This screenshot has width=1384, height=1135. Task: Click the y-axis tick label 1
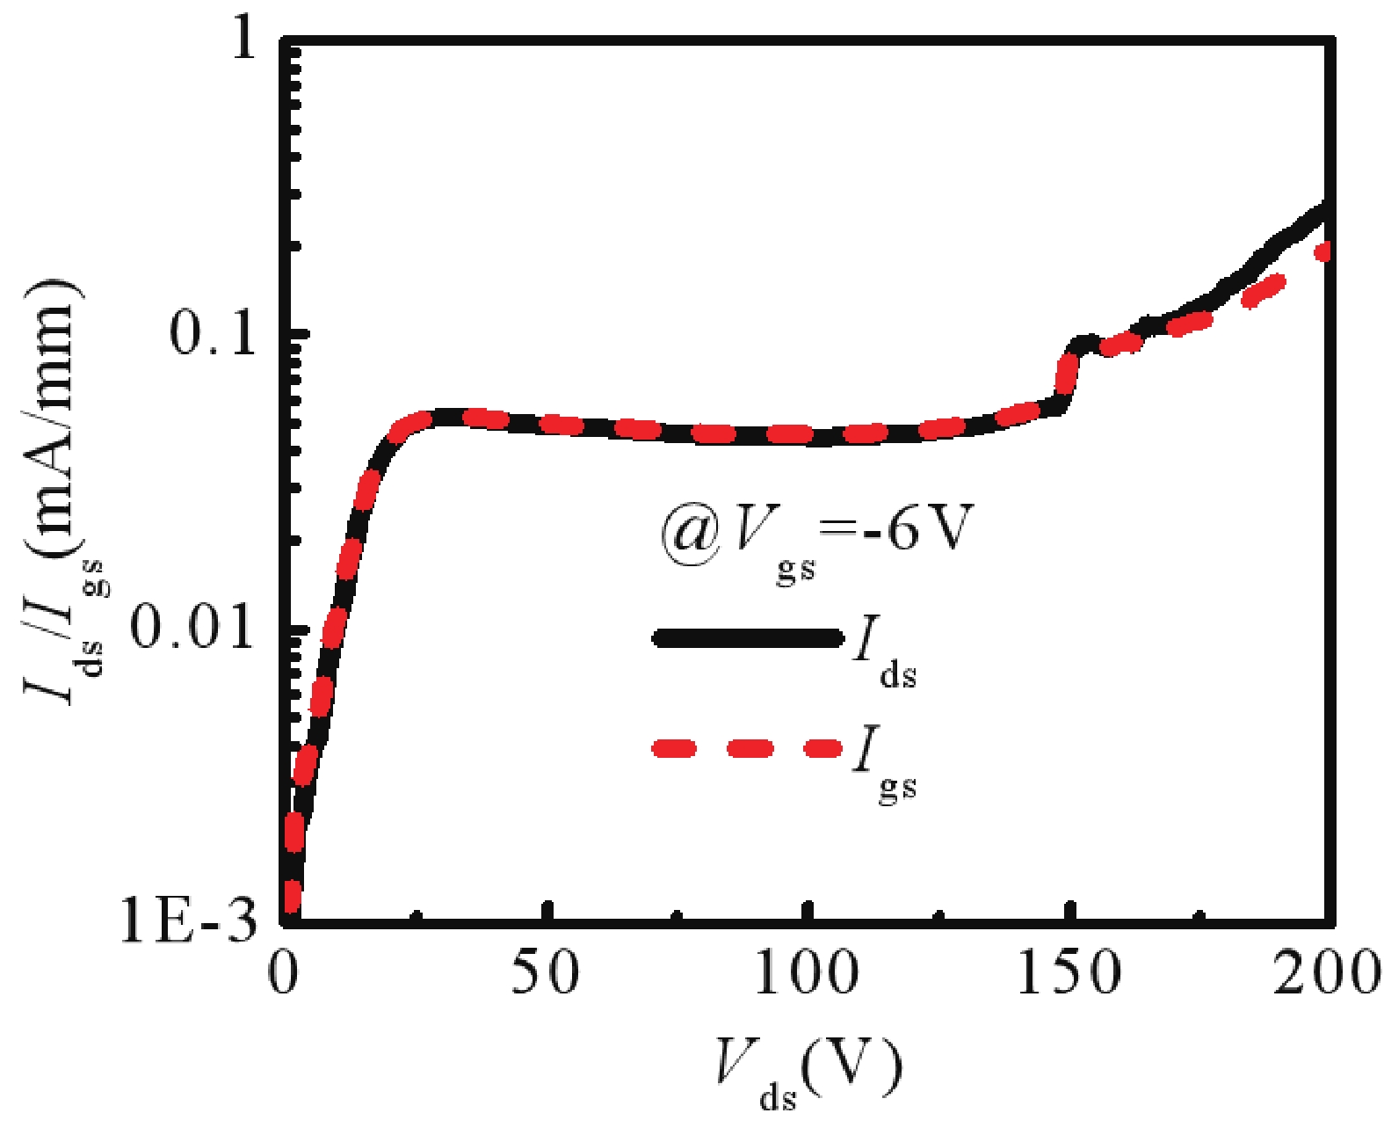point(242,40)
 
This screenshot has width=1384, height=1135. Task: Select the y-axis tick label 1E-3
point(189,920)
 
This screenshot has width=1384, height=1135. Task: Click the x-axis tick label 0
point(284,974)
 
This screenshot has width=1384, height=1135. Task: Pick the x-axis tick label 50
point(545,974)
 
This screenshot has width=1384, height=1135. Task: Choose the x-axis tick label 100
point(806,974)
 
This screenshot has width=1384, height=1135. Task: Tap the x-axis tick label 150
point(1068,974)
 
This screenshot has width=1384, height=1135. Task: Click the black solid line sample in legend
point(747,638)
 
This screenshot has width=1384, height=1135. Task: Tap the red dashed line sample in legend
point(747,749)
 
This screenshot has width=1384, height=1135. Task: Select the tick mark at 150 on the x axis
point(1069,910)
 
